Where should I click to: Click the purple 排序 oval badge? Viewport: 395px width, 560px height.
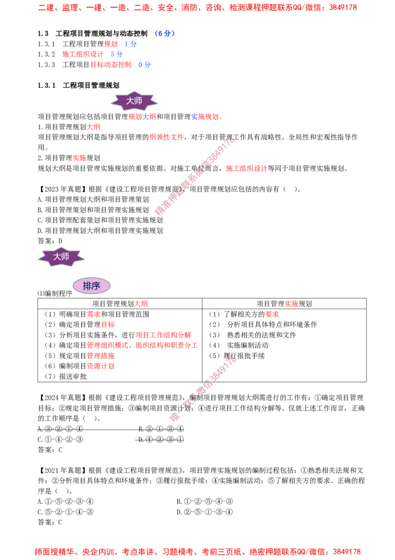[x=92, y=286]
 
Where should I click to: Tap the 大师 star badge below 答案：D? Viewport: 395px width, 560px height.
[x=61, y=257]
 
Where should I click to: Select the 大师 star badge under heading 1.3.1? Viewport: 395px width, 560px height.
[x=134, y=101]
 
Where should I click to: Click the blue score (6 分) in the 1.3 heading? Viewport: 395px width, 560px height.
[x=165, y=34]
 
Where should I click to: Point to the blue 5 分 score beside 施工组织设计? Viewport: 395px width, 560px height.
[x=117, y=54]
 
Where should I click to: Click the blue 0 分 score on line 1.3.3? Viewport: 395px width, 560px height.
[x=144, y=65]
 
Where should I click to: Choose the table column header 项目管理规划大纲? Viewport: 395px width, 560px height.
[x=120, y=304]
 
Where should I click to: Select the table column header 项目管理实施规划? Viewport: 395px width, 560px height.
[x=284, y=304]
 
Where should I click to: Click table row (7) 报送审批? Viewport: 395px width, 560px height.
[x=66, y=376]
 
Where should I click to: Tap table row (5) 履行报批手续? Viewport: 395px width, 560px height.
[x=237, y=356]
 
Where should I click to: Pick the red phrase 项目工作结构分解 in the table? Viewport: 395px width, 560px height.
[x=163, y=335]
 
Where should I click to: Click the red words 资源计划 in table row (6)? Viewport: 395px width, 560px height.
[x=101, y=366]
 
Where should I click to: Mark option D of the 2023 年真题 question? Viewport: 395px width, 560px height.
[x=100, y=231]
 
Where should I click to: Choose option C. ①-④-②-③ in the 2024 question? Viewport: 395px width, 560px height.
[x=60, y=439]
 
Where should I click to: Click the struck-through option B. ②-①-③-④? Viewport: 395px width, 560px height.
[x=161, y=428]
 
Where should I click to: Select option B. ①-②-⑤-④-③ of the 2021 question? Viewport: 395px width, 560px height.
[x=205, y=502]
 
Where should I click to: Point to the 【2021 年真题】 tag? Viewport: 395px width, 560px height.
[x=62, y=470]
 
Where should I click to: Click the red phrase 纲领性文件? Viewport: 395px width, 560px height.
[x=166, y=137]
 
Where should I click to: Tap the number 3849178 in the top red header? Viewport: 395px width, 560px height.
[x=343, y=7]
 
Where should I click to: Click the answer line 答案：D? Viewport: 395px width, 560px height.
[x=50, y=241]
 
